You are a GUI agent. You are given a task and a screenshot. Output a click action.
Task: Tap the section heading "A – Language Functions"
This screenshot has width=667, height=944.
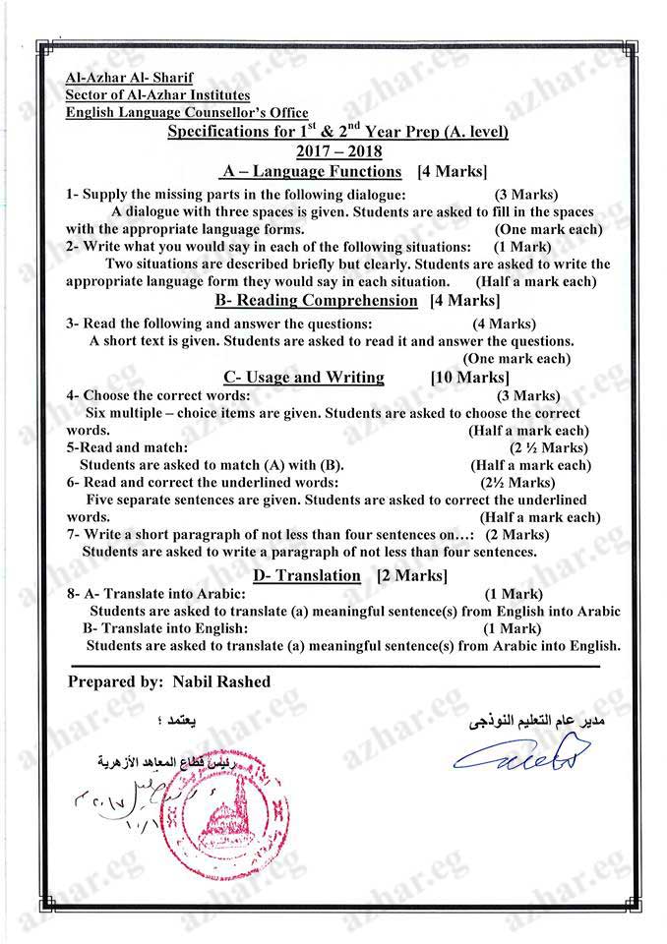(312, 172)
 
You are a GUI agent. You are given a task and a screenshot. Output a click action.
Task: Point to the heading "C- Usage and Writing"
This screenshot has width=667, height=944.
(303, 377)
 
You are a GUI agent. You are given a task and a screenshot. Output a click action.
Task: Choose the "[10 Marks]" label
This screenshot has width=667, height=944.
(469, 377)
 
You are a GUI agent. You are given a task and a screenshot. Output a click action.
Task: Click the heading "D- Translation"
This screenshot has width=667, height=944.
(306, 575)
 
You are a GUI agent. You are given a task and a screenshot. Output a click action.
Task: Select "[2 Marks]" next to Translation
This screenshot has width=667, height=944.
(412, 575)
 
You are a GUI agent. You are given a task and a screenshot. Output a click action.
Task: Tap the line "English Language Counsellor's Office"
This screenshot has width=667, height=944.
(187, 112)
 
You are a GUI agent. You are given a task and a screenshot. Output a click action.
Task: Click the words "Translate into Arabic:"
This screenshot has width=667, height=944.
(174, 594)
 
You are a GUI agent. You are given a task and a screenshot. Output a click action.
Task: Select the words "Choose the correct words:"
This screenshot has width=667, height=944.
(166, 395)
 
